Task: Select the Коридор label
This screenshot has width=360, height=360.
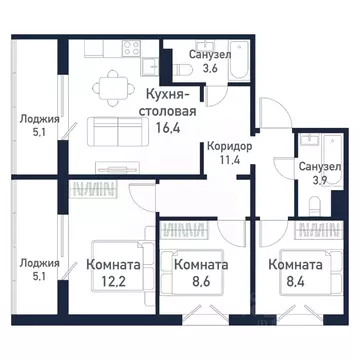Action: click(229, 147)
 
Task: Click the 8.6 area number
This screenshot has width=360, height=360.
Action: click(199, 282)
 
